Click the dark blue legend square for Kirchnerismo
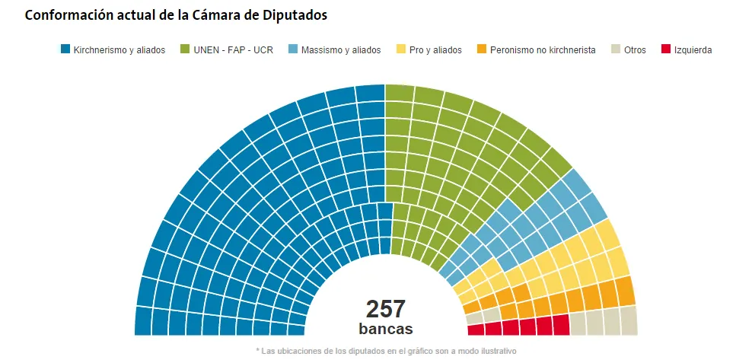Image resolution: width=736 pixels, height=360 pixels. (x=65, y=50)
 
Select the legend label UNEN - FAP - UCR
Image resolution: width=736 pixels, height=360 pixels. (x=232, y=50)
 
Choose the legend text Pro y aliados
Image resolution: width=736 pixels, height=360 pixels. (x=435, y=50)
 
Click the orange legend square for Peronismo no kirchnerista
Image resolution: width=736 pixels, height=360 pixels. (x=481, y=50)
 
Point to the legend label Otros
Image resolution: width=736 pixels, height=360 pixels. (x=635, y=50)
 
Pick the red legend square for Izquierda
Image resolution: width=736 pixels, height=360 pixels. (x=665, y=50)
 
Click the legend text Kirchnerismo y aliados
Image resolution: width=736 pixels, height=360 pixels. (x=119, y=50)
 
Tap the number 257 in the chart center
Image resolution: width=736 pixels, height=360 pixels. (x=385, y=309)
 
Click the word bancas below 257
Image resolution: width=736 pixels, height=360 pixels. (x=385, y=329)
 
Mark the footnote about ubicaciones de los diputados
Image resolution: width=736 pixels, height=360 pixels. (x=387, y=351)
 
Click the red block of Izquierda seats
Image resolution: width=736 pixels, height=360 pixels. (x=518, y=327)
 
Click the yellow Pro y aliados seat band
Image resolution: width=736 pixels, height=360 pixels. (x=578, y=259)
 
